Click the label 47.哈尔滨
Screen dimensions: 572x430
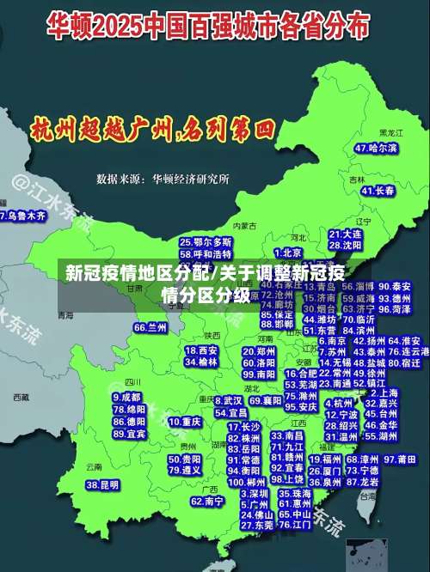pyautogui.click(x=376, y=148)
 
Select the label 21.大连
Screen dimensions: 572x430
pyautogui.click(x=346, y=233)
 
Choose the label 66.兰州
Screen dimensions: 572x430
pyautogui.click(x=150, y=327)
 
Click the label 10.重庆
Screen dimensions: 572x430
pyautogui.click(x=185, y=422)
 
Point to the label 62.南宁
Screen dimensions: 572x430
pyautogui.click(x=207, y=501)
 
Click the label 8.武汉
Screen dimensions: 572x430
pyautogui.click(x=228, y=400)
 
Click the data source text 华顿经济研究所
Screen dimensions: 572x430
pyautogui.click(x=191, y=180)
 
